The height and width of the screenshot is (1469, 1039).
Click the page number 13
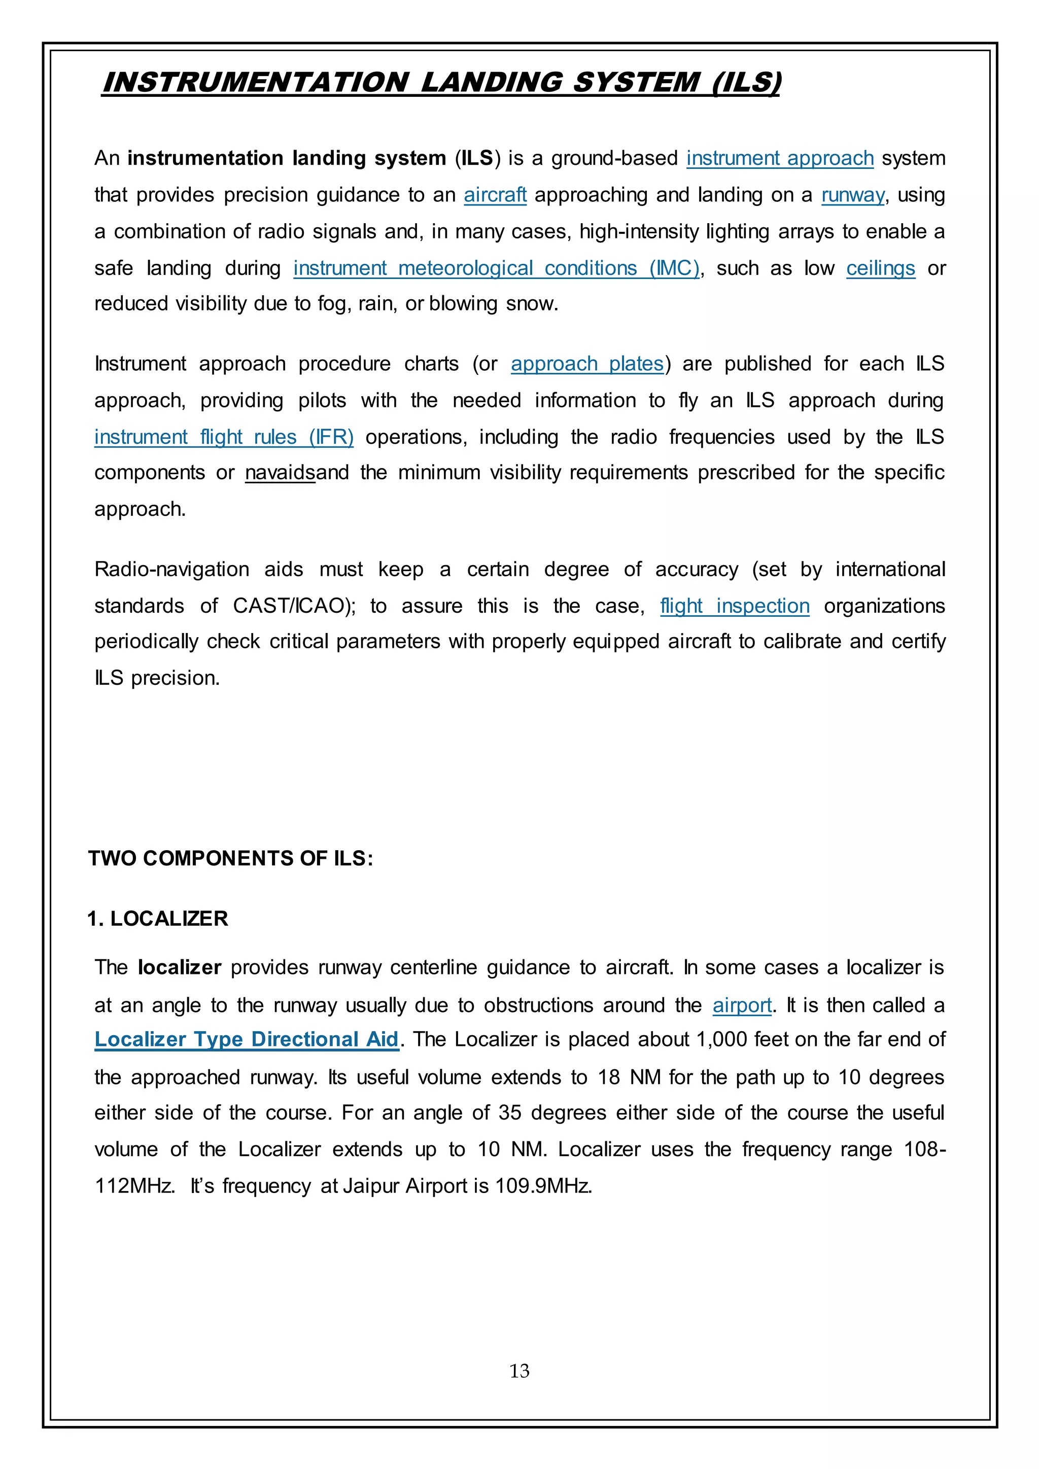[519, 1371]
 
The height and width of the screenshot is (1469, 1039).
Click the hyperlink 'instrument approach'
[779, 158]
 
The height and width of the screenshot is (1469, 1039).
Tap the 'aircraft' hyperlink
[495, 194]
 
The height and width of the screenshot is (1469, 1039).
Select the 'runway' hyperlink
[853, 194]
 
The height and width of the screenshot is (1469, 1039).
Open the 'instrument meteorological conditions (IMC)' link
[497, 268]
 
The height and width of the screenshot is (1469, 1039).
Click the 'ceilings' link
[880, 268]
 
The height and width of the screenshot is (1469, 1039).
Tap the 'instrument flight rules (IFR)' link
[223, 437]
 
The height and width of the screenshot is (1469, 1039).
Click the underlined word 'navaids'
[280, 473]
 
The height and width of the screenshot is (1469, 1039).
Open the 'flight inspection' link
[735, 606]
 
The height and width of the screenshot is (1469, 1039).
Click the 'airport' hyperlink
[742, 1005]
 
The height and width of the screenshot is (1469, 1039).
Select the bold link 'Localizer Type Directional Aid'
[247, 1039]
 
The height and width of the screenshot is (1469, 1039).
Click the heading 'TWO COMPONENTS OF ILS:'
[230, 858]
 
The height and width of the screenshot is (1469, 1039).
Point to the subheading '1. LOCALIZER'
[157, 918]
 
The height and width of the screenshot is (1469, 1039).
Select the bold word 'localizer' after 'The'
[179, 967]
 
